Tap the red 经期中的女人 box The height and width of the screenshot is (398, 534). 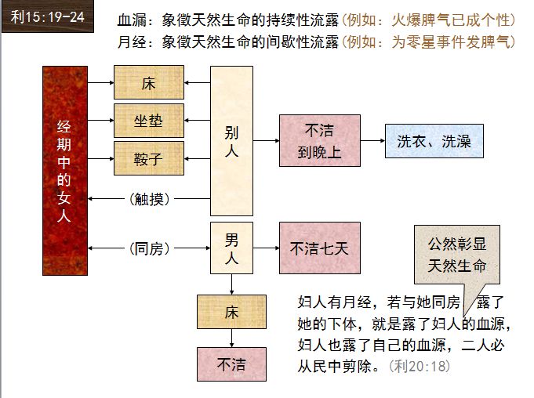coord(64,171)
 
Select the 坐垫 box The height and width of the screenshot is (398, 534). coord(149,121)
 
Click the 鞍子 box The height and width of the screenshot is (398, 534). coord(149,159)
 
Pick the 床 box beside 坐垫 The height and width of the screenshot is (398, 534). coord(149,82)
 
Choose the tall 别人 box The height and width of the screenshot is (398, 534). coord(231,141)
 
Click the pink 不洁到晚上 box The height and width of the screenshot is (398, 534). coord(319,141)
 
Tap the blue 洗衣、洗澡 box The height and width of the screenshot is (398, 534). coord(434,141)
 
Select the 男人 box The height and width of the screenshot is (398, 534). coord(231,248)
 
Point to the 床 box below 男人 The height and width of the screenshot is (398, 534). coord(231,313)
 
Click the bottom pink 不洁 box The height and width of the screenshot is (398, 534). coord(231,364)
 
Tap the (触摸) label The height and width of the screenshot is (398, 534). coord(149,198)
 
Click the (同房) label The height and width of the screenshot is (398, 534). coord(149,248)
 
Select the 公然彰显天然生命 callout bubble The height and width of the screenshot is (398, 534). coord(456,255)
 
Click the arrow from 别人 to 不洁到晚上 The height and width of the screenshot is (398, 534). coord(266,141)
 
